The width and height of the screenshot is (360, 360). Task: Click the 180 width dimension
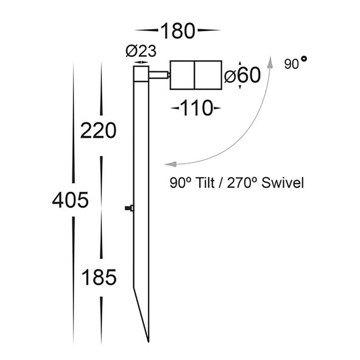177,31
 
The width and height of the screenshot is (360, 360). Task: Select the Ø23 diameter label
141,52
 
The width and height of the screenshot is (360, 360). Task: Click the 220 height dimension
98,130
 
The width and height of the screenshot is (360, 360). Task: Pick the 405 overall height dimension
70,200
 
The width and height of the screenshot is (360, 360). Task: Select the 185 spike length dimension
99,278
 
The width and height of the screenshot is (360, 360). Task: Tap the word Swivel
283,183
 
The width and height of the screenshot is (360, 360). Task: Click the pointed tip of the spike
148,340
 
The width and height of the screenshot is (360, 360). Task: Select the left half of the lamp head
182,75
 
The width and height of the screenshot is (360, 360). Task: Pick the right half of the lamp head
208,75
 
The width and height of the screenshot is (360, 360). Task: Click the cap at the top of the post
141,74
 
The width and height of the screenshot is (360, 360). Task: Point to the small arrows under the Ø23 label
141,62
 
